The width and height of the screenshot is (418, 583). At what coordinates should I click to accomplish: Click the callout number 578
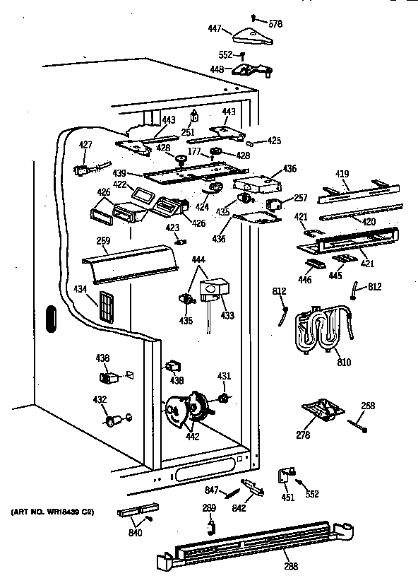[275, 23]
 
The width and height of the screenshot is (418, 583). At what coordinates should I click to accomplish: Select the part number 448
[217, 69]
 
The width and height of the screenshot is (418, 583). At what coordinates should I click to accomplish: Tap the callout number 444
[201, 261]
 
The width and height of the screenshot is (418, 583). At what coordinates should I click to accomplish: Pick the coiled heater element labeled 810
[321, 330]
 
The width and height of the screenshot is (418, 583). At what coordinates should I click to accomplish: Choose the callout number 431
[224, 375]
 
